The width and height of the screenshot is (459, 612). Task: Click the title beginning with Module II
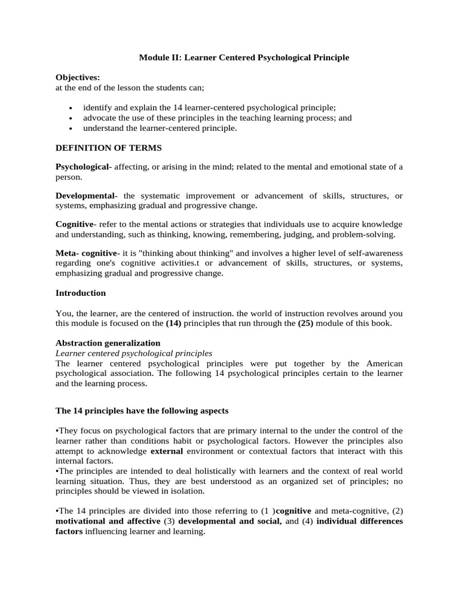point(244,57)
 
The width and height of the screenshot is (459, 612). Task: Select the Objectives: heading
point(78,78)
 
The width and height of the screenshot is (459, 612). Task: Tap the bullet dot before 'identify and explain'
point(71,108)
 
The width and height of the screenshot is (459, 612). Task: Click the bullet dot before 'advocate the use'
point(71,118)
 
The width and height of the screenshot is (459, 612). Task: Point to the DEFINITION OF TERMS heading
point(108,147)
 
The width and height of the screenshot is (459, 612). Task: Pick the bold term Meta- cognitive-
point(88,253)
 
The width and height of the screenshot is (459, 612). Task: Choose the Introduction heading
point(81,293)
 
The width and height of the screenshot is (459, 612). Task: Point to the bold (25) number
point(306,323)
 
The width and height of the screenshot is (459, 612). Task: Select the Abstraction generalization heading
point(108,343)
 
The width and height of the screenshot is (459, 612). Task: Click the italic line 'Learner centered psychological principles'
point(134,353)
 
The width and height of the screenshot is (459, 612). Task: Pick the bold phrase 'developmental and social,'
point(230,521)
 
